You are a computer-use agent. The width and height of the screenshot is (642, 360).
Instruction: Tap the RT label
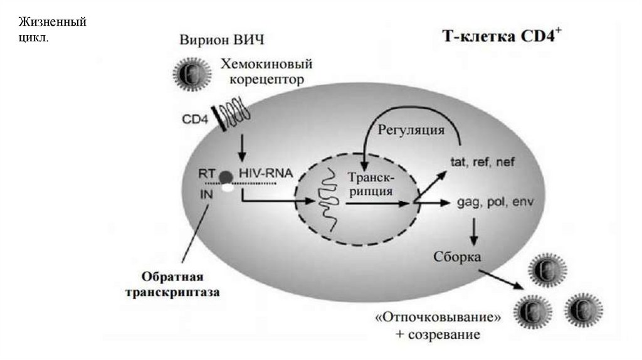tap(208, 173)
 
